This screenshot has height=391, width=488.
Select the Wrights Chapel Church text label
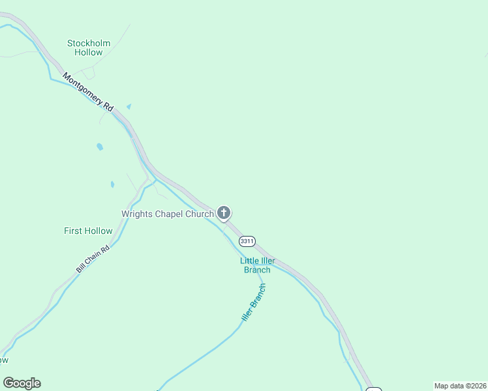168,214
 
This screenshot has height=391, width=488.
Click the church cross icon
224,212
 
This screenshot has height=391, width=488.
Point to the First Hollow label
88,231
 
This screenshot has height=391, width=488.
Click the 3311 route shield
247,241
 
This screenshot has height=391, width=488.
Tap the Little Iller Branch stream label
257,265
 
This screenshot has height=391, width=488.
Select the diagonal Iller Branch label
254,304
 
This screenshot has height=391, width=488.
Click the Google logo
22,383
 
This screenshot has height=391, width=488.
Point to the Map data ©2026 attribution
460,386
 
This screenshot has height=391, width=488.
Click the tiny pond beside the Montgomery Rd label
129,106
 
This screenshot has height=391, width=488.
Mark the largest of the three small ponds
100,147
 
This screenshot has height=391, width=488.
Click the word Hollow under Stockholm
89,53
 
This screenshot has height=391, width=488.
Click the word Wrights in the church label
137,214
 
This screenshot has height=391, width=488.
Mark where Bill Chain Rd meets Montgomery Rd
154,177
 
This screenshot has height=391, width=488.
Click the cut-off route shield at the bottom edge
373,389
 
